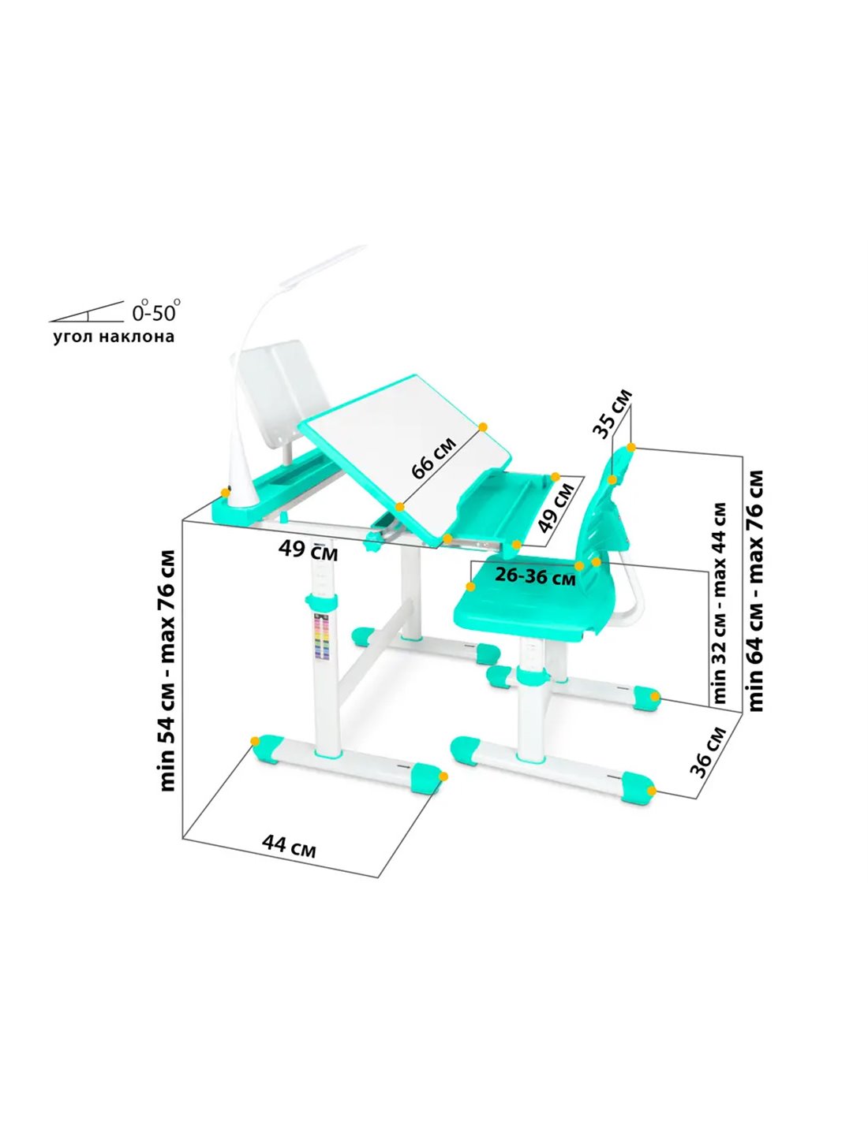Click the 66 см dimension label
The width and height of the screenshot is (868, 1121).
434,457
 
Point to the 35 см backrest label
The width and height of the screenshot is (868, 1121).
612,414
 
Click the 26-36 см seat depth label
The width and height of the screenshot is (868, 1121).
535,576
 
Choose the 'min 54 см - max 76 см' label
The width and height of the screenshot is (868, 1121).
168,671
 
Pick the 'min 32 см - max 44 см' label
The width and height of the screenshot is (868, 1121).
720,603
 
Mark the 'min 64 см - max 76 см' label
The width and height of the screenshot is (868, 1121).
755,591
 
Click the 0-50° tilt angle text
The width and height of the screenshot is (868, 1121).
156,311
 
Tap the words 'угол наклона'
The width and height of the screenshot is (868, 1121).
114,337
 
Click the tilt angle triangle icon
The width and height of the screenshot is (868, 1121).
87,311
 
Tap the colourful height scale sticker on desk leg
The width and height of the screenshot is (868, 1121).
322,636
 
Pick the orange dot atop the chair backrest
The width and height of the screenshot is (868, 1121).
631,447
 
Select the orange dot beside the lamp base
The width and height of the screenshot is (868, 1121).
225,493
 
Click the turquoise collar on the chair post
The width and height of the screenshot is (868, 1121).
530,675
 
